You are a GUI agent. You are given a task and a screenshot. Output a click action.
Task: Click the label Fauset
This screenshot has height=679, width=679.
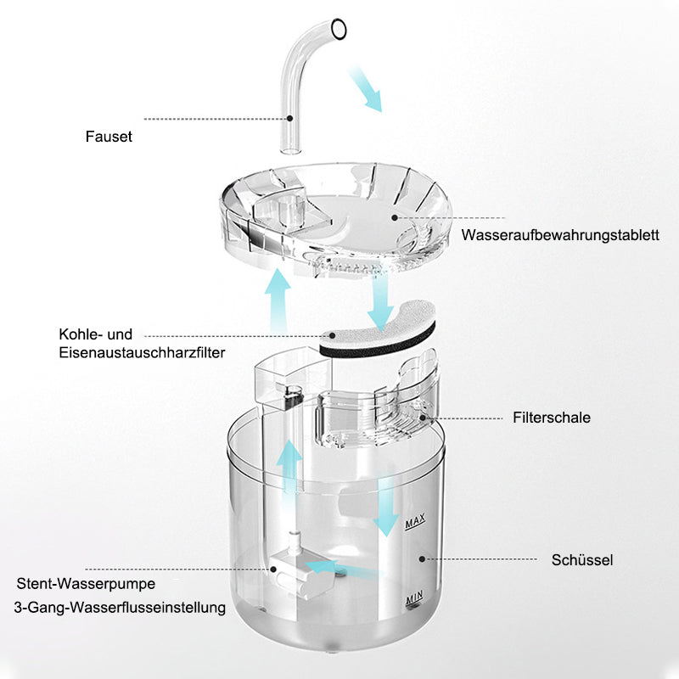[109, 137]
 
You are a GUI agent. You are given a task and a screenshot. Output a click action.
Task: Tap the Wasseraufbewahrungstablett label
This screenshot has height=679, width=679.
[560, 235]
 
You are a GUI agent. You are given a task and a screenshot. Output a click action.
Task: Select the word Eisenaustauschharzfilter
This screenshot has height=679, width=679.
[142, 352]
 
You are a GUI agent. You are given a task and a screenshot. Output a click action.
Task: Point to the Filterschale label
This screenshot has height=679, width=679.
[551, 418]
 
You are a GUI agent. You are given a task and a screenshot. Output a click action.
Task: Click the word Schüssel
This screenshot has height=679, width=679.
[582, 560]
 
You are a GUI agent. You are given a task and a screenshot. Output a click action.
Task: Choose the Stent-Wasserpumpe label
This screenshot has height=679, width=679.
[86, 583]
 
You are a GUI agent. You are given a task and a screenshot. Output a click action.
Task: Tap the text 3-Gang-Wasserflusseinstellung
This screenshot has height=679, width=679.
[120, 607]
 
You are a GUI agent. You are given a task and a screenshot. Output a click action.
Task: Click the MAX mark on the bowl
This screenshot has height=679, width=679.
[415, 521]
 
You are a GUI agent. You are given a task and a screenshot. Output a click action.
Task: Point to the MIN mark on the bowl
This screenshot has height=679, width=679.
[414, 598]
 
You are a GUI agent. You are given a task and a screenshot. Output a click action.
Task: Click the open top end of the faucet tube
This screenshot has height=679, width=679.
[338, 30]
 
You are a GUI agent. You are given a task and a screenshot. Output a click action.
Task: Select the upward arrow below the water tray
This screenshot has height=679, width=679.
[278, 301]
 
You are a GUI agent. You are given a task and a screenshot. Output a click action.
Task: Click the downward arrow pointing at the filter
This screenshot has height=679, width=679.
[380, 302]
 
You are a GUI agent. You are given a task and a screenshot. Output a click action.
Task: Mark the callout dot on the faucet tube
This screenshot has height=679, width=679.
[289, 118]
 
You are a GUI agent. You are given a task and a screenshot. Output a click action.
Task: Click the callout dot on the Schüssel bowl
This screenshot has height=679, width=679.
[422, 559]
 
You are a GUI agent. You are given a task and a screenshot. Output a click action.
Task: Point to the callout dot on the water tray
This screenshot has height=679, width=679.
[395, 217]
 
